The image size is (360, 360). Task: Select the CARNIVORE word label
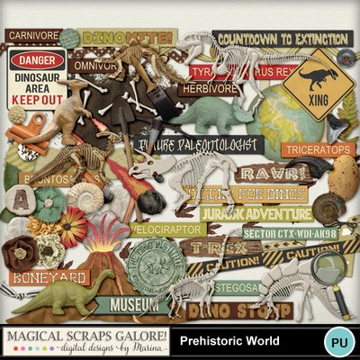30,35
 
